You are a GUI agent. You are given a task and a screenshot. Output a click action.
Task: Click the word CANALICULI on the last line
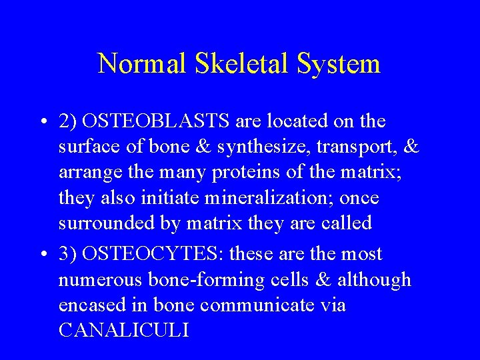coord(123,330)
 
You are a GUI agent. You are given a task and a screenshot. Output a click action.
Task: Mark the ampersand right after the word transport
coord(411,147)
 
